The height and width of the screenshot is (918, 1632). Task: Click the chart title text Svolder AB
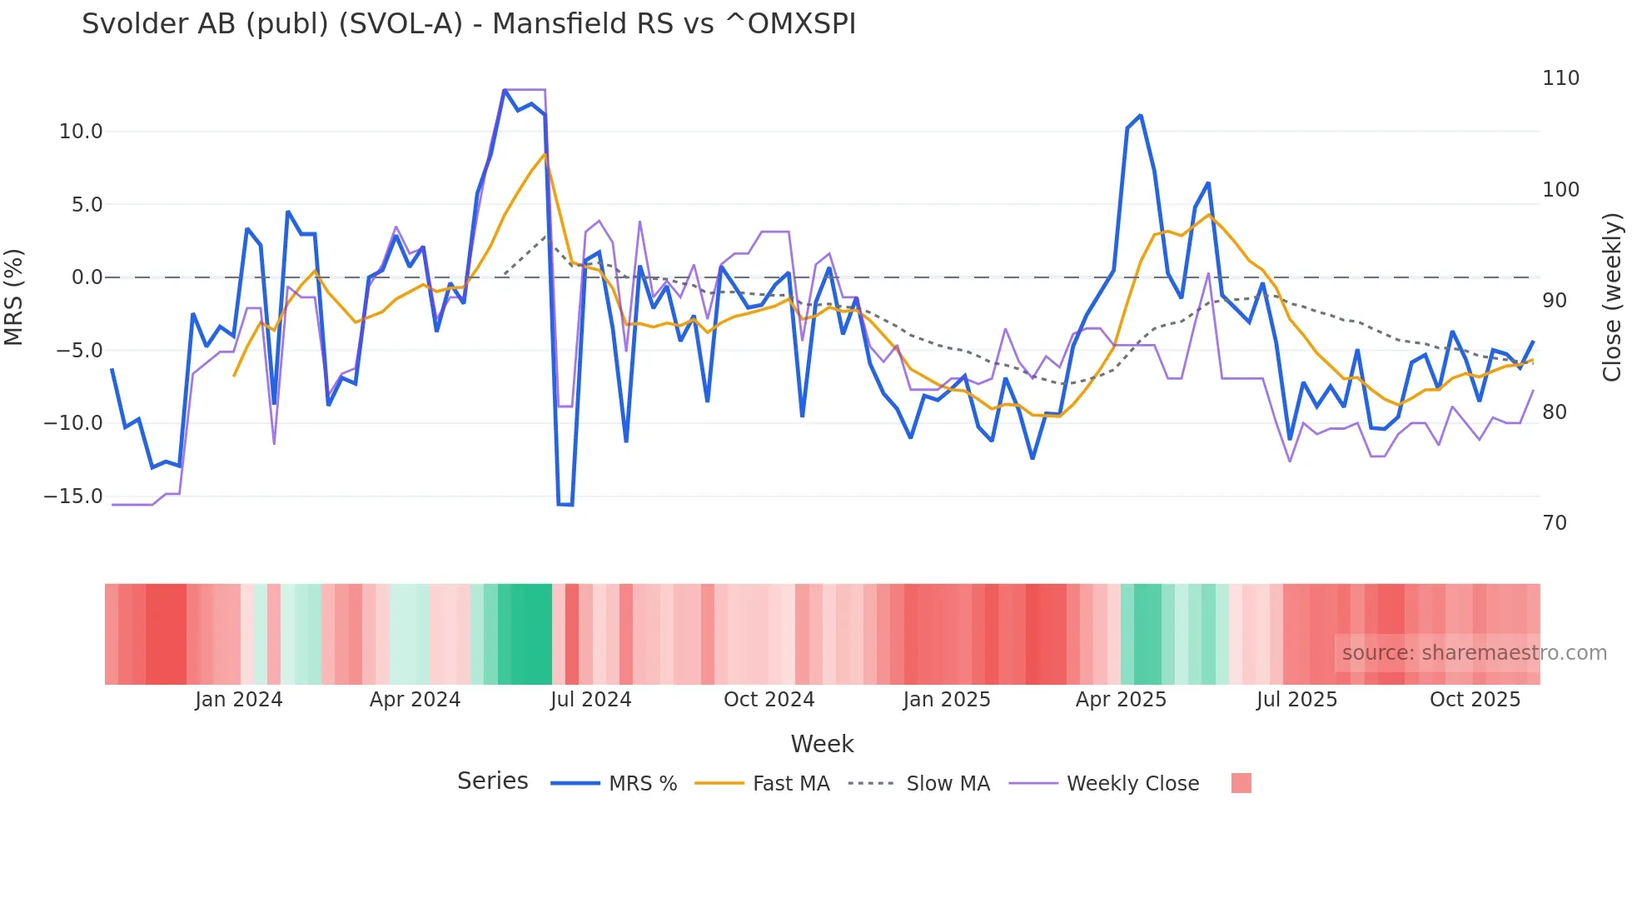point(468,24)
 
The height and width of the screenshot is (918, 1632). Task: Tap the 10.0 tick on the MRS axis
point(81,132)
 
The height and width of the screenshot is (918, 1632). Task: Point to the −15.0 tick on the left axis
point(73,496)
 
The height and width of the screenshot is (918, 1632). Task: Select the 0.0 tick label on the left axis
point(87,277)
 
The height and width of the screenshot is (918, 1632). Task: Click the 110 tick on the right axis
point(1560,78)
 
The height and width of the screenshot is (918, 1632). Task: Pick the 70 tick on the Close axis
point(1555,523)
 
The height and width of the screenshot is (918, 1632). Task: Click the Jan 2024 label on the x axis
point(239,700)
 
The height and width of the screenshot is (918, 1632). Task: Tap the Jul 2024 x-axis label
point(590,700)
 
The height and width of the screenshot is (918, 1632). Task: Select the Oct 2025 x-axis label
point(1475,700)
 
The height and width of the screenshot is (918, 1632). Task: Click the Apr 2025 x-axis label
point(1121,700)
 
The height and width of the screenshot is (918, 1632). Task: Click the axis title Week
point(822,744)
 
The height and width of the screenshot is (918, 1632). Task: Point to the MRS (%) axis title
point(14,297)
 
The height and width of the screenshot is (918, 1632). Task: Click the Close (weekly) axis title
point(1612,297)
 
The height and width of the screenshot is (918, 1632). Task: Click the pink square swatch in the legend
point(1241,783)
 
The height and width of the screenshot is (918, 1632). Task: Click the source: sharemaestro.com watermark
point(1474,653)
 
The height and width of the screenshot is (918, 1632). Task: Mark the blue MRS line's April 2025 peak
point(1140,116)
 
